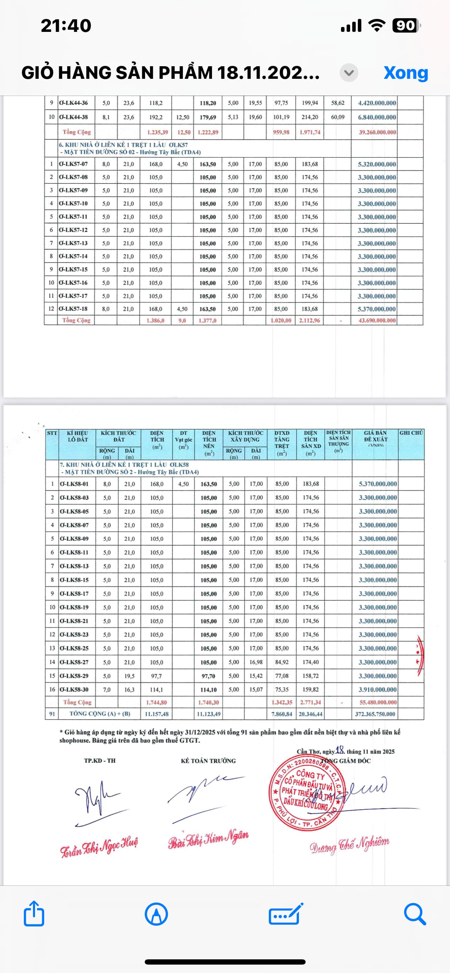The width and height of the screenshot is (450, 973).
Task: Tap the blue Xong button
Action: (406, 73)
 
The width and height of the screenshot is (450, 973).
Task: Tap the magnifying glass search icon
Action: (415, 914)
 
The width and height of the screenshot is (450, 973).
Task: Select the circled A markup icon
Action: (156, 914)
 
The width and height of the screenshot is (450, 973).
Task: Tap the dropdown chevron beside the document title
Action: (349, 73)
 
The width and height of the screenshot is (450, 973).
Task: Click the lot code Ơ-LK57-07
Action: (73, 164)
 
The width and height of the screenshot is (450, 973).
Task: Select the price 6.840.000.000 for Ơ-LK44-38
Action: (377, 117)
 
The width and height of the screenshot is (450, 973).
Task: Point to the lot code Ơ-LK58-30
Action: (74, 689)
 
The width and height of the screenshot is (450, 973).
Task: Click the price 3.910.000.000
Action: (378, 689)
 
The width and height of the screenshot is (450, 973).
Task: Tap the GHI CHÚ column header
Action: (411, 433)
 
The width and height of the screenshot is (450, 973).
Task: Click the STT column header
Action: (52, 433)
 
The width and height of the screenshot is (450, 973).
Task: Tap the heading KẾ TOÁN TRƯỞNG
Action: (208, 761)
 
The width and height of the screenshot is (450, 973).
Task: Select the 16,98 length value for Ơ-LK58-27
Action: (256, 662)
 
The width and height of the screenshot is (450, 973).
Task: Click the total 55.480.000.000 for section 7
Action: (378, 702)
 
